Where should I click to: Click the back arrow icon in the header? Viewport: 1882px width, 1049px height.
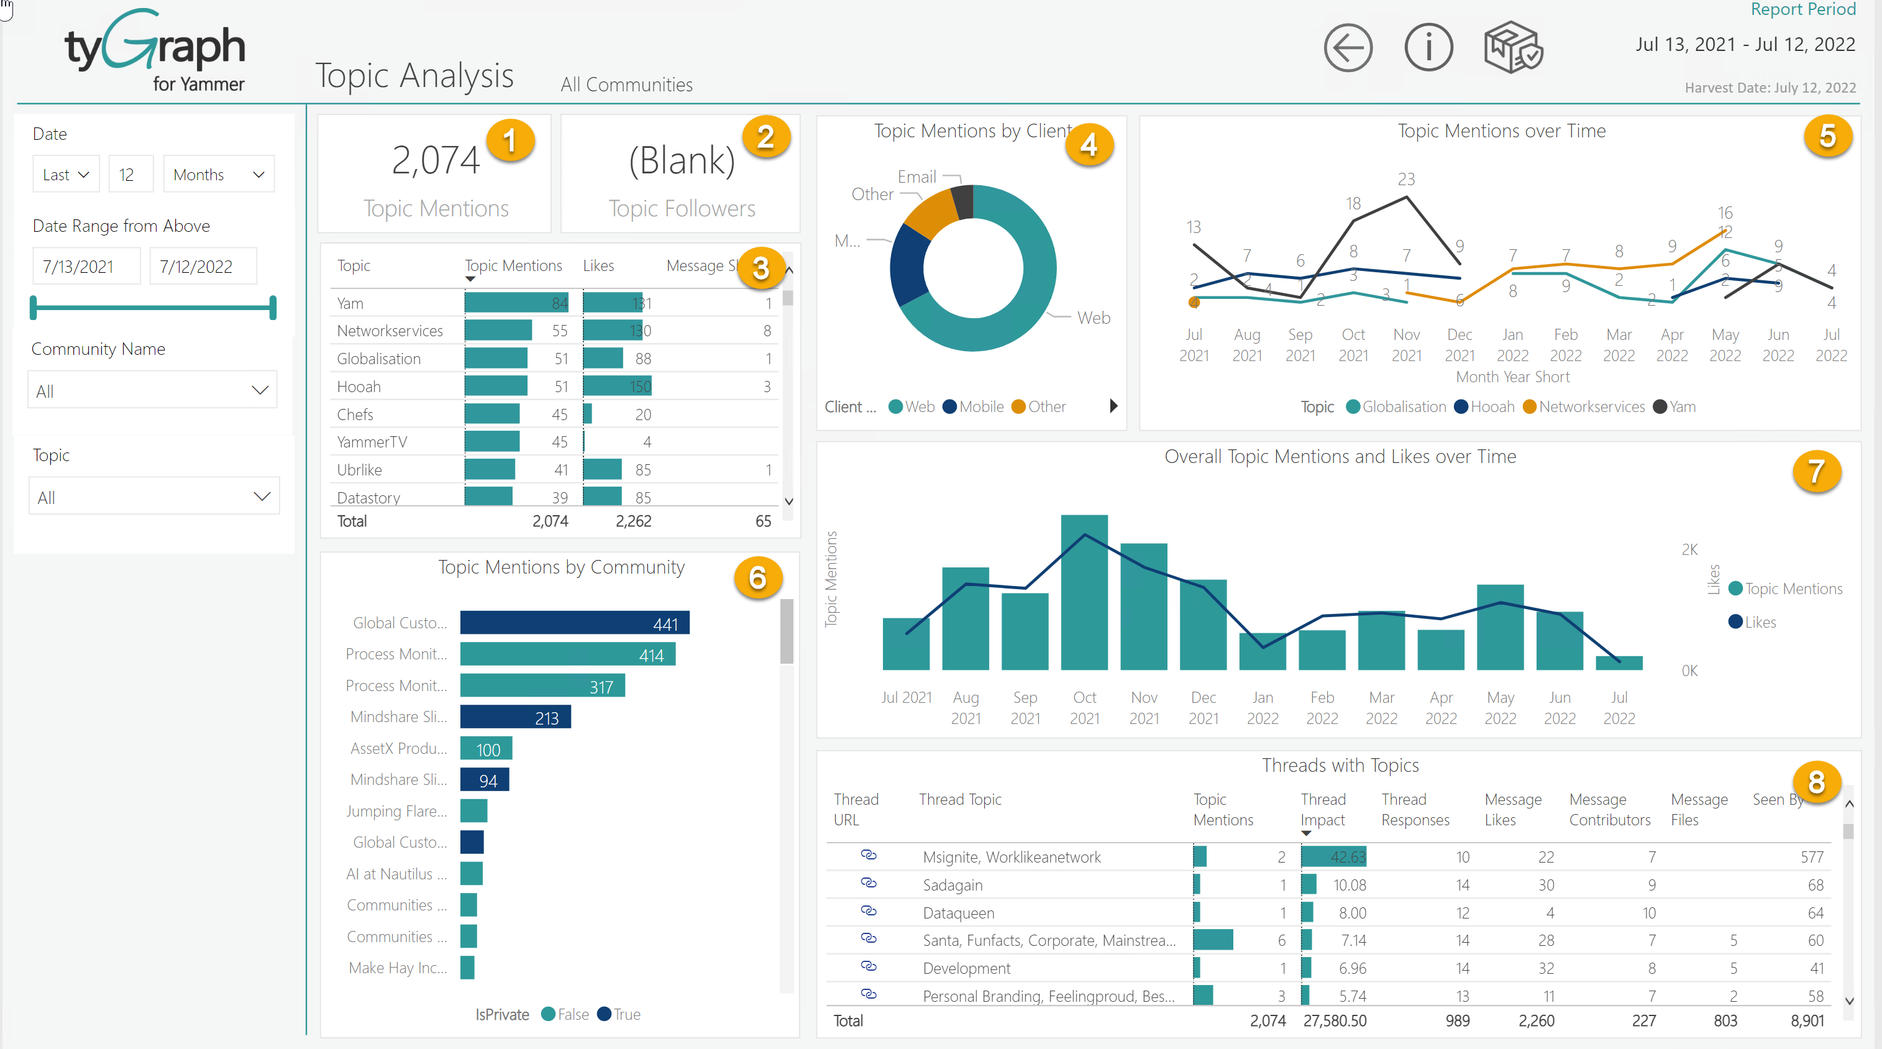(x=1347, y=48)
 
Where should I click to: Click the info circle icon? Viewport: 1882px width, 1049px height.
(x=1428, y=48)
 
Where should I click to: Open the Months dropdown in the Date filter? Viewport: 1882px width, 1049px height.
(x=217, y=175)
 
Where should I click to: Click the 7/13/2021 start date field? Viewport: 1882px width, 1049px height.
(x=86, y=267)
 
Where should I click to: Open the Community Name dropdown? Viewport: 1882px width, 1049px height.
(x=152, y=391)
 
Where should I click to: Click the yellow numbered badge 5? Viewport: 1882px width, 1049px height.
(x=1827, y=137)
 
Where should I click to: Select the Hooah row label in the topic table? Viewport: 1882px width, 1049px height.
(x=359, y=387)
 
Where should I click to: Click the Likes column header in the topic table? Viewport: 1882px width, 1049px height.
(x=598, y=266)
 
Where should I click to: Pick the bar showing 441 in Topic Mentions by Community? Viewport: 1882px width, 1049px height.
(x=574, y=623)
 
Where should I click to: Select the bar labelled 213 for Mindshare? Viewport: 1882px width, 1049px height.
(x=515, y=717)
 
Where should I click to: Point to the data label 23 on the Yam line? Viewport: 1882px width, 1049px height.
(x=1405, y=179)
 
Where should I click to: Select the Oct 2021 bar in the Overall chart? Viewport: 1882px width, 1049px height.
(x=1084, y=592)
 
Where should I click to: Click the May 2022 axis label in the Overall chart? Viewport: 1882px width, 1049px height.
(x=1500, y=707)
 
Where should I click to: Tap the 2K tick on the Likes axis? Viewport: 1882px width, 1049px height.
(x=1689, y=550)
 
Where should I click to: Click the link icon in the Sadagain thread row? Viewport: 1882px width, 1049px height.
(x=868, y=883)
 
